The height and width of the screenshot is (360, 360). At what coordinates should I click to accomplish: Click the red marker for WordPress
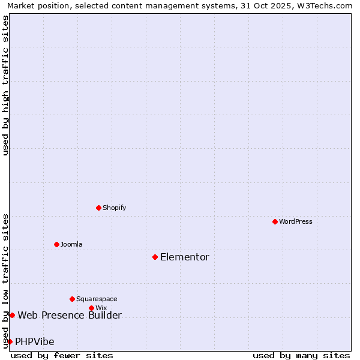(275, 221)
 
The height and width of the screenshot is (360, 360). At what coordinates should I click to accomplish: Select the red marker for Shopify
(98, 208)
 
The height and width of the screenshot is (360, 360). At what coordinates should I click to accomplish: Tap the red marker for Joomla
(56, 244)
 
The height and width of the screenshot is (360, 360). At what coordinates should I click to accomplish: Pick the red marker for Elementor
(155, 257)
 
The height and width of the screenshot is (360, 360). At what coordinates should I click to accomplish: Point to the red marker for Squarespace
(72, 299)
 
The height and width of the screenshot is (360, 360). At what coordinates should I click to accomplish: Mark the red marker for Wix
(91, 308)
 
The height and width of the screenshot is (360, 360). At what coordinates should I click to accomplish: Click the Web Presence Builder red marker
(12, 315)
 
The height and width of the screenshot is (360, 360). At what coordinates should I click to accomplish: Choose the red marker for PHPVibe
(10, 341)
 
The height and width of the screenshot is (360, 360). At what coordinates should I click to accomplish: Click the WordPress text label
(296, 221)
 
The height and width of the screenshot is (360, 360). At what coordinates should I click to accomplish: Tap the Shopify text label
(115, 208)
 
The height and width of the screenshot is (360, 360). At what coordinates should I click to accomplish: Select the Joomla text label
(71, 244)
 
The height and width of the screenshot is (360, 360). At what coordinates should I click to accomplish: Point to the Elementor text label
(185, 257)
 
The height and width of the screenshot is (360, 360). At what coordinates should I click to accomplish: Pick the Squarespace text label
(97, 299)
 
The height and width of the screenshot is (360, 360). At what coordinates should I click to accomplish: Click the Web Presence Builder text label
(70, 315)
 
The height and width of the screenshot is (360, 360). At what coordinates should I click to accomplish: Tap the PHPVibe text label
(35, 341)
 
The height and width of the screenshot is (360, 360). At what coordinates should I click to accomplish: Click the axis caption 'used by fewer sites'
(62, 355)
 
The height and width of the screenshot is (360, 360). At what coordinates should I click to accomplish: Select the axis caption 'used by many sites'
(301, 355)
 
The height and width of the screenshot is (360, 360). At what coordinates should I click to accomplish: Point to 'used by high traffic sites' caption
(5, 85)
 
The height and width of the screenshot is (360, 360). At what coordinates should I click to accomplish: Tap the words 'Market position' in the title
(35, 6)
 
